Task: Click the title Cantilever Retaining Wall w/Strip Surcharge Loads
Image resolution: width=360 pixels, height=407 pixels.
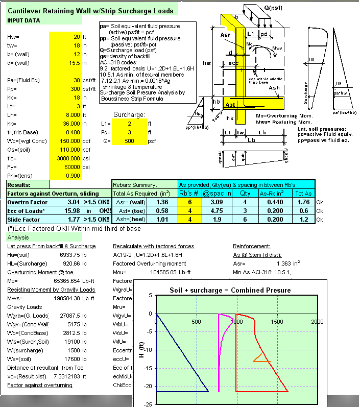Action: coord(91,11)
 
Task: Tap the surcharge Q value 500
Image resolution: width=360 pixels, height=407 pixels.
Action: coord(129,140)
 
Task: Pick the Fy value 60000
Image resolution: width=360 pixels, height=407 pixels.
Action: coord(71,166)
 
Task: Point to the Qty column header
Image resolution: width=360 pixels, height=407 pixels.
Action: coord(245,193)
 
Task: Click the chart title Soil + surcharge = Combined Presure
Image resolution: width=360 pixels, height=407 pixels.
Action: coord(230,290)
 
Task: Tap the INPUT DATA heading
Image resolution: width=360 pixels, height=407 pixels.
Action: coord(23,20)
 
